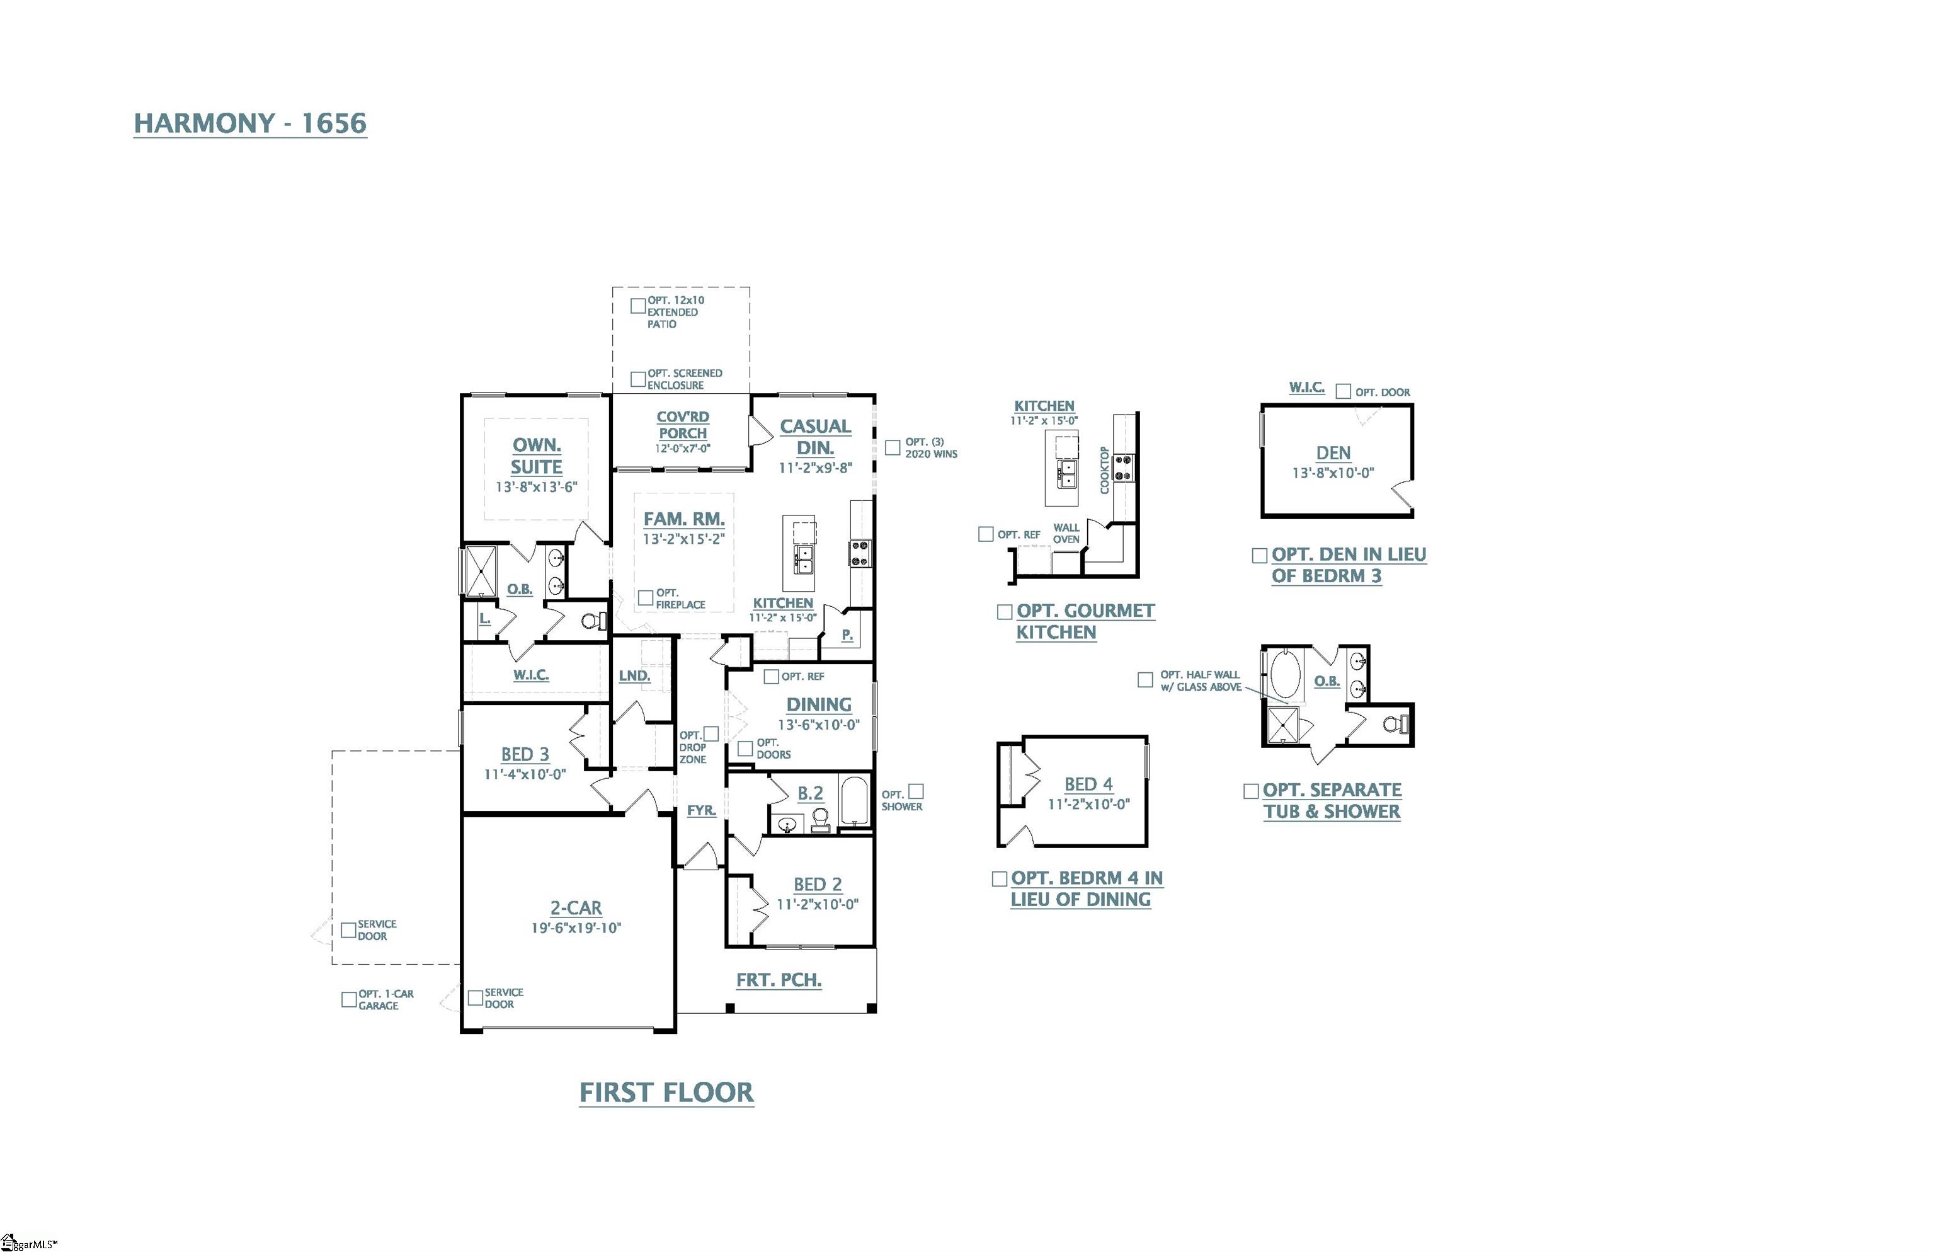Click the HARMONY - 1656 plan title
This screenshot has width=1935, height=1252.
[x=249, y=123]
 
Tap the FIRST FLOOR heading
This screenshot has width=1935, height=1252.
[x=666, y=1092]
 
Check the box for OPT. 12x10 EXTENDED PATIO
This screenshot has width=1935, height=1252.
[x=638, y=306]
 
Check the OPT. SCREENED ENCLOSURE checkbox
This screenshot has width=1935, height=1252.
[x=638, y=379]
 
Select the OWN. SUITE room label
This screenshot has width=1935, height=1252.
[x=537, y=456]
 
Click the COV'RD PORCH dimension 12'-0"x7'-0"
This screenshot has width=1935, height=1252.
[x=683, y=448]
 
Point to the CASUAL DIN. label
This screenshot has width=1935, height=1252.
[x=814, y=437]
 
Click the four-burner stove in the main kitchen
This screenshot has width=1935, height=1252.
[x=860, y=553]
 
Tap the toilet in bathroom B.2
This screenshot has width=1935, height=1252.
[x=820, y=818]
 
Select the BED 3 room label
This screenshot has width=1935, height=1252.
[x=524, y=754]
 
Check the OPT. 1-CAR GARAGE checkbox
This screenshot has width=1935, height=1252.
[x=349, y=999]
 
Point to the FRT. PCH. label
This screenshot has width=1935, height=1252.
[x=779, y=980]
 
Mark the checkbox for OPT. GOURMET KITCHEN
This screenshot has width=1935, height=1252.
[x=1005, y=611]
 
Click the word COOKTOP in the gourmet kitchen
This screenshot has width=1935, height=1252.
[x=1104, y=470]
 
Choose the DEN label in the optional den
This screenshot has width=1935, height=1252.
[x=1333, y=453]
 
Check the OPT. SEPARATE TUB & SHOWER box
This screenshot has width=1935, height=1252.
[x=1251, y=790]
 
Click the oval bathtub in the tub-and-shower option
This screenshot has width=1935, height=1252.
[x=1285, y=673]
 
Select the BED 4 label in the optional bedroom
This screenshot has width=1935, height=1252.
[x=1088, y=784]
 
